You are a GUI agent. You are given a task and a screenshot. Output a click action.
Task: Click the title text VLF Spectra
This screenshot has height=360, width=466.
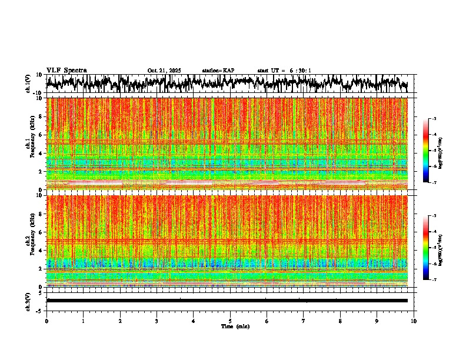[66, 71]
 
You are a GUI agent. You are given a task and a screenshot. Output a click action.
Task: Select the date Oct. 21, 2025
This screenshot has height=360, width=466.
[164, 71]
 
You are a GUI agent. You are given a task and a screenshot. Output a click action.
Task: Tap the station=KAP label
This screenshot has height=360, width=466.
[218, 71]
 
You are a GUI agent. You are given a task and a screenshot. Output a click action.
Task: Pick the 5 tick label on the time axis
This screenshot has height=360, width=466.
[230, 321]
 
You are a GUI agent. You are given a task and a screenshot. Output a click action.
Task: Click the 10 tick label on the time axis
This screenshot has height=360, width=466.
[414, 321]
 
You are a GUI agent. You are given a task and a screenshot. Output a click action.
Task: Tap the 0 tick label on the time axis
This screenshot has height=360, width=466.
[46, 321]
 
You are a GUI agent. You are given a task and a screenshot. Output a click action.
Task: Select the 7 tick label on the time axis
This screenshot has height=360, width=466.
[304, 321]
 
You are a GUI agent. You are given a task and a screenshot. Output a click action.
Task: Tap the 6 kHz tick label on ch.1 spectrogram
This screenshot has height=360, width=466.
[41, 135]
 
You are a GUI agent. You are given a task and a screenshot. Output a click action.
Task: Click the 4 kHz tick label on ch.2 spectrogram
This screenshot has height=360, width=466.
[41, 250]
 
